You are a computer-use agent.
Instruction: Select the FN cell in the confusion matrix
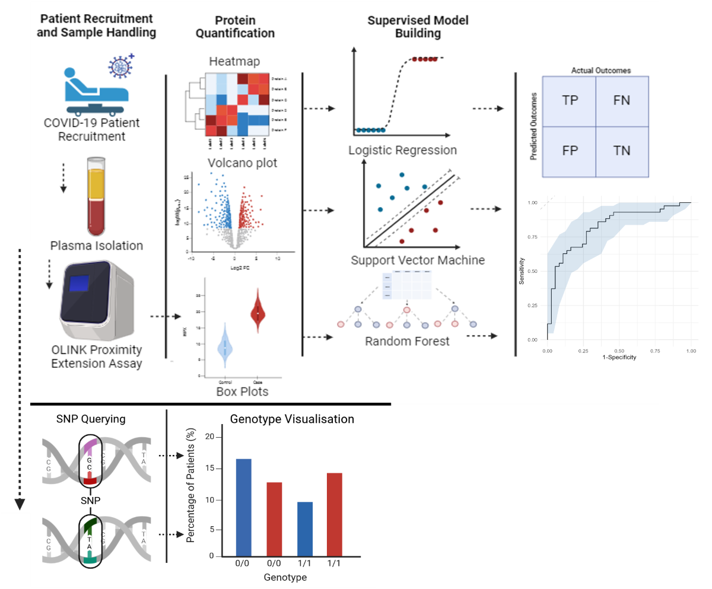click(622, 100)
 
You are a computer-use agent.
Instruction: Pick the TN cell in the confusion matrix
click(622, 151)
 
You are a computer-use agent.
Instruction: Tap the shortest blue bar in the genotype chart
click(305, 528)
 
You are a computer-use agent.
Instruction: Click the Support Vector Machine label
click(417, 260)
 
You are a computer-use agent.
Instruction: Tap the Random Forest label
click(407, 341)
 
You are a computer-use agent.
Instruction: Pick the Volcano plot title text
click(242, 163)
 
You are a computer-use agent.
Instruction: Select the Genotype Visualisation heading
click(292, 419)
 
